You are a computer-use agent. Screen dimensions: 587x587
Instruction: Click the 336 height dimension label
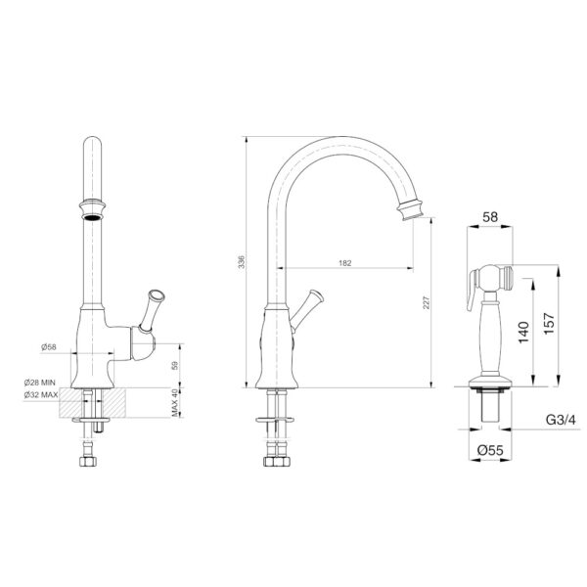(x=242, y=261)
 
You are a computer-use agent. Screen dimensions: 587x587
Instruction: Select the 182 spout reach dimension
(x=345, y=263)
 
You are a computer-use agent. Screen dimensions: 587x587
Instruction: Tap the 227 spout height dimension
(x=427, y=302)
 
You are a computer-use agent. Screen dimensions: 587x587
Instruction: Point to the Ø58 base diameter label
(x=49, y=347)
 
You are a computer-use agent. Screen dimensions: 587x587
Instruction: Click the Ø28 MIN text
(x=40, y=383)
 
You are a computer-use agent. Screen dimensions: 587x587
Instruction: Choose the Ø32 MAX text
(x=41, y=394)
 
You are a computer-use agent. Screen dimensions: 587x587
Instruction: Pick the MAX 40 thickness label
(x=175, y=402)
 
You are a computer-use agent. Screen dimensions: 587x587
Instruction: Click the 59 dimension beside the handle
(x=175, y=365)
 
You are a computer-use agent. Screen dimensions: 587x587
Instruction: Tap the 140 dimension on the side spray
(x=523, y=332)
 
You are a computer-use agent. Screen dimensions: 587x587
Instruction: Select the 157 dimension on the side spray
(x=549, y=324)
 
